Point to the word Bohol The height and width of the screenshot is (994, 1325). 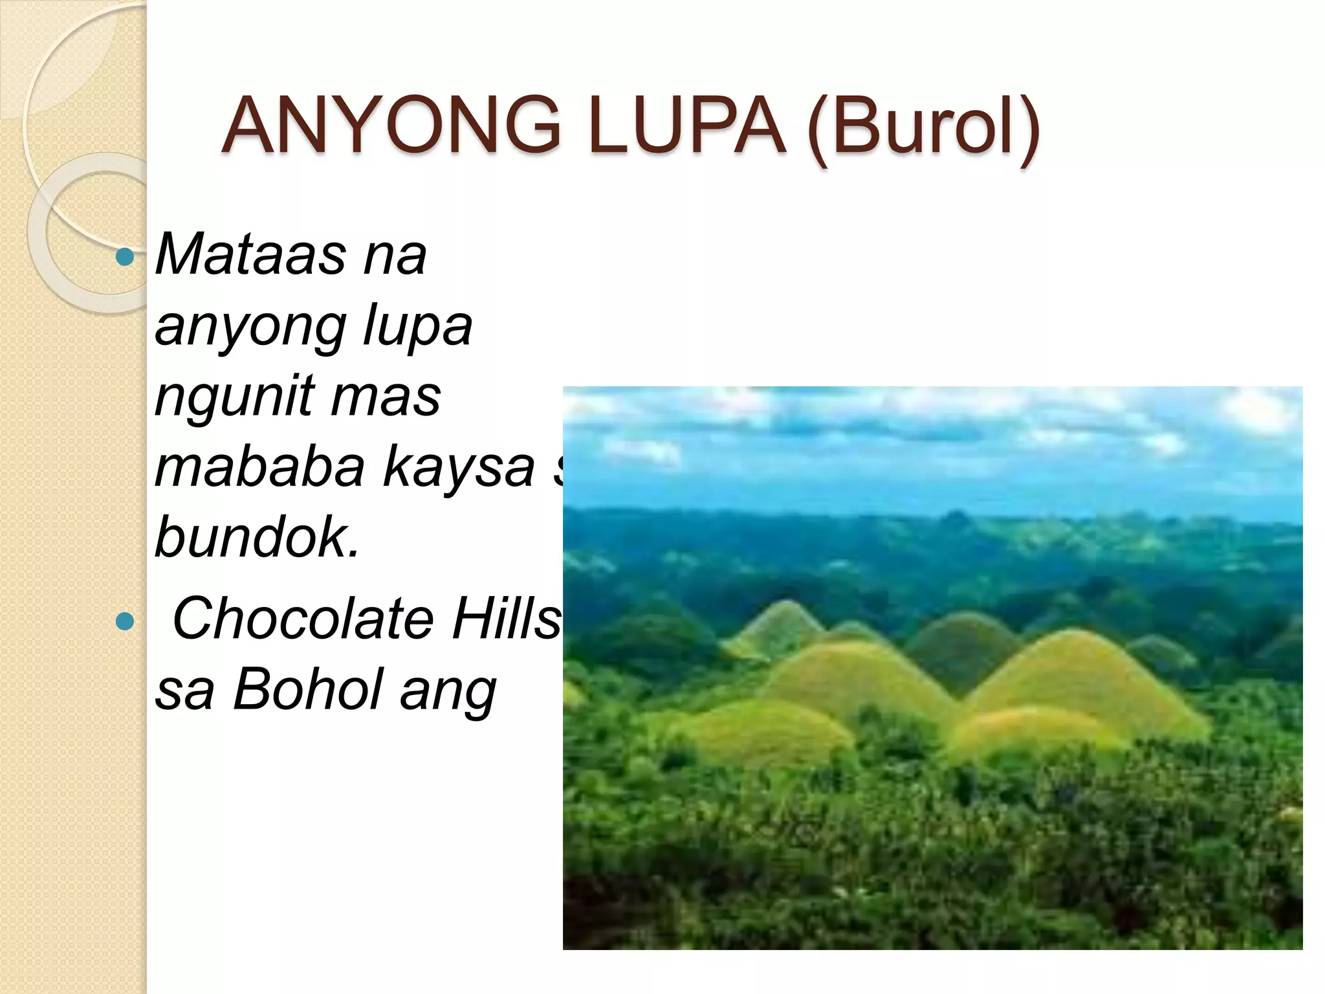(x=307, y=689)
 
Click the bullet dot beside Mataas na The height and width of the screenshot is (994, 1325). (x=124, y=258)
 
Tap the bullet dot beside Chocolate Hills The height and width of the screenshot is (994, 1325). (x=124, y=622)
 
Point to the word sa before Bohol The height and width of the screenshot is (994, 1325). (x=184, y=690)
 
